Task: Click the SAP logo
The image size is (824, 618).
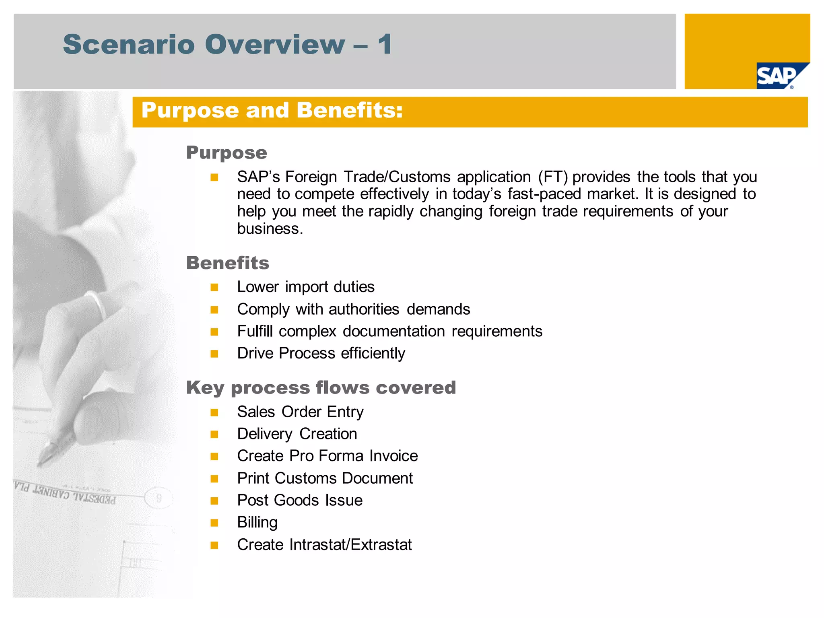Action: click(779, 76)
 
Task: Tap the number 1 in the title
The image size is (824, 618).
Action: click(385, 44)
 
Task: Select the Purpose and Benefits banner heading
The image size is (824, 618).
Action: click(272, 111)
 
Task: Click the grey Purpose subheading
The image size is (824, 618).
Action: click(227, 153)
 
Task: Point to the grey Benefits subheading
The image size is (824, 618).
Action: click(228, 263)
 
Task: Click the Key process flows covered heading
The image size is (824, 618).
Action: click(321, 388)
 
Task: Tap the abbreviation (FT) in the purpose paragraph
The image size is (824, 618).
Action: click(553, 177)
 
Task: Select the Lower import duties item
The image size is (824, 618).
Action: click(306, 287)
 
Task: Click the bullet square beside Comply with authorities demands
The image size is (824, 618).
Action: click(214, 310)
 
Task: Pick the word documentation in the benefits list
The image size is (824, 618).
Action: click(393, 332)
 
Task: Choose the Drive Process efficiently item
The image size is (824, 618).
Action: click(321, 353)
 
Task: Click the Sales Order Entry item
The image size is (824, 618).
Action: click(300, 412)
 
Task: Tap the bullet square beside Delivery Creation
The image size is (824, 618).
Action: click(214, 435)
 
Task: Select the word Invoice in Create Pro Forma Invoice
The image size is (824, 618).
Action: click(393, 456)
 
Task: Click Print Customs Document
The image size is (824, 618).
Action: click(325, 478)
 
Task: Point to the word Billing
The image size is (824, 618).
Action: click(257, 523)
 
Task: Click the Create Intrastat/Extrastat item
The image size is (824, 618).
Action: click(324, 545)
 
